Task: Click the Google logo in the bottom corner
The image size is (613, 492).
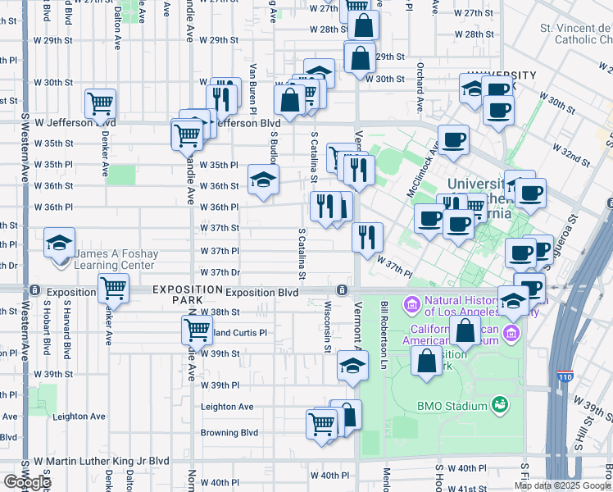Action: (x=26, y=482)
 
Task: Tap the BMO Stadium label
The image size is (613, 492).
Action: (x=447, y=405)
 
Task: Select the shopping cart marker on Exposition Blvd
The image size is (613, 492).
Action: (x=113, y=289)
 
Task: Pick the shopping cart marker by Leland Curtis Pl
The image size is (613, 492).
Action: (x=197, y=330)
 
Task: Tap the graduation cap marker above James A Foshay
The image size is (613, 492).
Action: (x=59, y=243)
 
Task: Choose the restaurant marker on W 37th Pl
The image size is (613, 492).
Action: (x=367, y=237)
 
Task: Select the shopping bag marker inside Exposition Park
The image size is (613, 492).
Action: (x=427, y=362)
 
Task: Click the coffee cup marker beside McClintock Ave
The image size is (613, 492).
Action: (x=452, y=139)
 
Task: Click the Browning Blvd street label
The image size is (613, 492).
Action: (x=229, y=433)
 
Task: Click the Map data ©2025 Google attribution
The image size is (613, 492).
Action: (x=562, y=485)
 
